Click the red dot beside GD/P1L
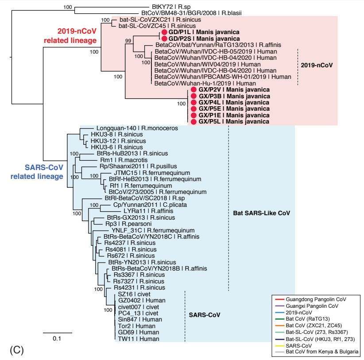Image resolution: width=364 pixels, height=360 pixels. [164, 32]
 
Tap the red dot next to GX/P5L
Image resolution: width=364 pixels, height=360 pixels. [193, 121]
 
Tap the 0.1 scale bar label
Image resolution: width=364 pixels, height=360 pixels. [57, 339]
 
